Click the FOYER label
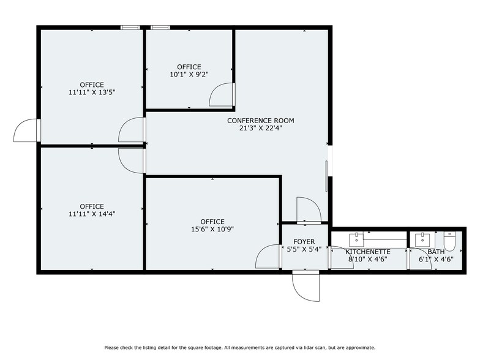click(x=304, y=241)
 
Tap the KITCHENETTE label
click(x=368, y=252)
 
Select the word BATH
click(x=437, y=252)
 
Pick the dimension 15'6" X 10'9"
click(x=212, y=230)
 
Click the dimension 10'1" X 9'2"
click(x=189, y=75)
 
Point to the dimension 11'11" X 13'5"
click(x=92, y=92)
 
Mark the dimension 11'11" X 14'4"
click(x=92, y=214)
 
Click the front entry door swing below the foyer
click(x=306, y=285)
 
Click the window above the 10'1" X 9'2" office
click(x=160, y=27)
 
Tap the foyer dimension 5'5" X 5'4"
click(x=304, y=249)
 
